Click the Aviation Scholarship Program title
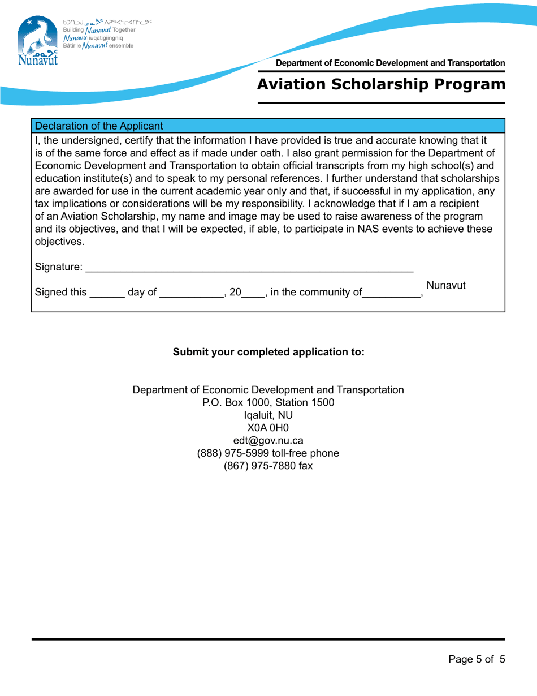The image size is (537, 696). pyautogui.click(x=380, y=85)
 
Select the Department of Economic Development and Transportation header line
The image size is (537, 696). pyautogui.click(x=390, y=63)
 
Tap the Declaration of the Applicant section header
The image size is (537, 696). pyautogui.click(x=99, y=126)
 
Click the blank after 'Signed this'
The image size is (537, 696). pyautogui.click(x=107, y=293)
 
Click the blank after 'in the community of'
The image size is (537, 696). pyautogui.click(x=391, y=293)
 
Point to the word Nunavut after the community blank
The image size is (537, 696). pyautogui.click(x=445, y=286)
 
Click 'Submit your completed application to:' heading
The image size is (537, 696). pyautogui.click(x=268, y=352)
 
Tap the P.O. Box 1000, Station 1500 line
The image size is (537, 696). pyautogui.click(x=268, y=402)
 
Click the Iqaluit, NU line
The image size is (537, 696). pyautogui.click(x=268, y=415)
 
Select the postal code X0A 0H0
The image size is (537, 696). pyautogui.click(x=268, y=428)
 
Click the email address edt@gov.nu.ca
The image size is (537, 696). pyautogui.click(x=268, y=441)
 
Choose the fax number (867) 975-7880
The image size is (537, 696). pyautogui.click(x=268, y=466)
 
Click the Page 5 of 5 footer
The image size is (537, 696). pyautogui.click(x=476, y=659)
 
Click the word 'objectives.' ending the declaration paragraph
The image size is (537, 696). pyautogui.click(x=59, y=242)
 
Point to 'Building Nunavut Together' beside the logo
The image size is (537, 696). pyautogui.click(x=99, y=29)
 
